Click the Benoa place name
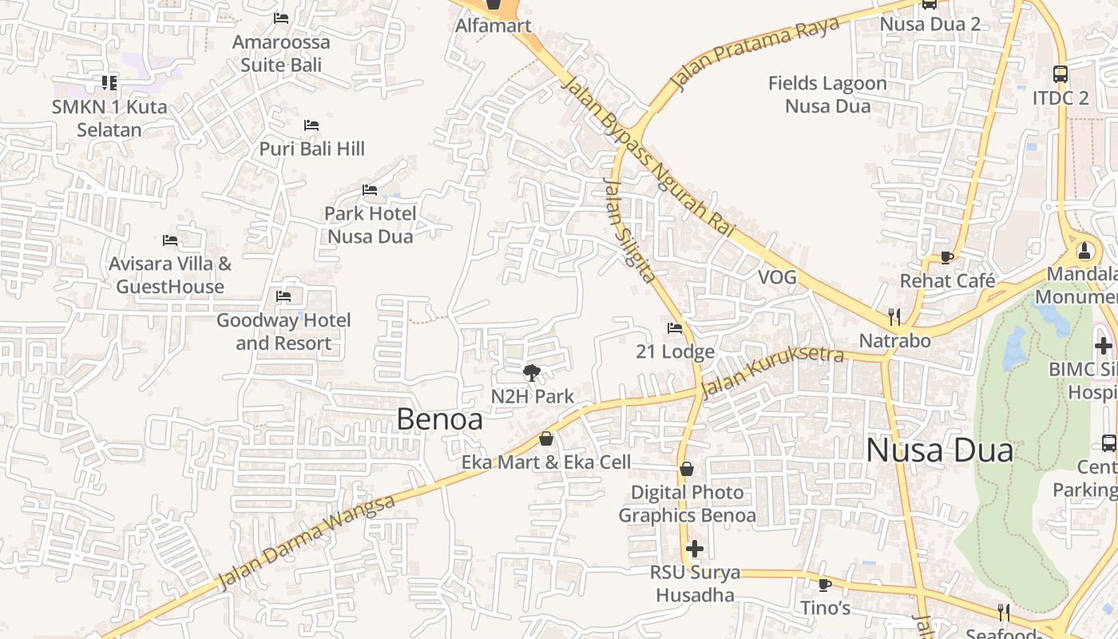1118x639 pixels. (439, 419)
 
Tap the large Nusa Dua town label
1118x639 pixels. (939, 450)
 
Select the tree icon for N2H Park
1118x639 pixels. (531, 372)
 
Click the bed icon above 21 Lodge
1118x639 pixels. (675, 327)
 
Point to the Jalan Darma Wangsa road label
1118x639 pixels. (307, 541)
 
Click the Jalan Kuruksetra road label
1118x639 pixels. (771, 371)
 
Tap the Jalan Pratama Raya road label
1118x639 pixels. (755, 52)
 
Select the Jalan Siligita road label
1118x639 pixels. (628, 231)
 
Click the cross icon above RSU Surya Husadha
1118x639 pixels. (695, 549)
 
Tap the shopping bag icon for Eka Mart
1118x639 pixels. (546, 439)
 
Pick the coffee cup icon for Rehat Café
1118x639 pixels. (947, 257)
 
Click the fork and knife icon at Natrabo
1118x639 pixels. (894, 317)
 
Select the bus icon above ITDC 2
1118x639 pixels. (1061, 74)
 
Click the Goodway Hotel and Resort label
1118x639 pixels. (283, 331)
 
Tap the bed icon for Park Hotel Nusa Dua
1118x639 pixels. (370, 190)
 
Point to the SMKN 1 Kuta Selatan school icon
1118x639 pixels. (109, 82)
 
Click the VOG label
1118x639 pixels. (777, 277)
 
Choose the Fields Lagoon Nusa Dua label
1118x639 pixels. (827, 94)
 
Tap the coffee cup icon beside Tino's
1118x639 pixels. (825, 585)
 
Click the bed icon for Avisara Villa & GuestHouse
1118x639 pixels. (170, 240)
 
